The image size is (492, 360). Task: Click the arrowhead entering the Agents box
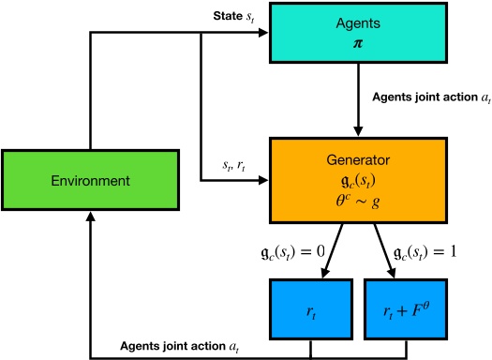266,35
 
